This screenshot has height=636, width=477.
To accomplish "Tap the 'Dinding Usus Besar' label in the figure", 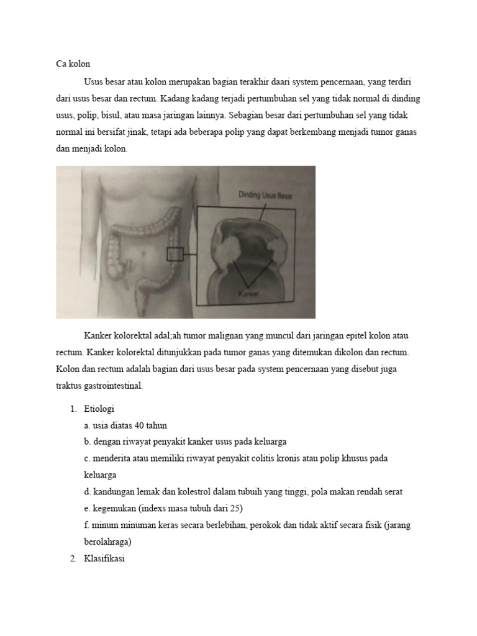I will [265, 195].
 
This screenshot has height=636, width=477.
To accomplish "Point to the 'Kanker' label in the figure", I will [248, 295].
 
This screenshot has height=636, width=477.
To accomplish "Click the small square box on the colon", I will [175, 254].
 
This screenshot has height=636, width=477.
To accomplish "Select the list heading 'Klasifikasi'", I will [104, 558].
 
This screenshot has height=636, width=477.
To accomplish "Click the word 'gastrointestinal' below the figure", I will [114, 386].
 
